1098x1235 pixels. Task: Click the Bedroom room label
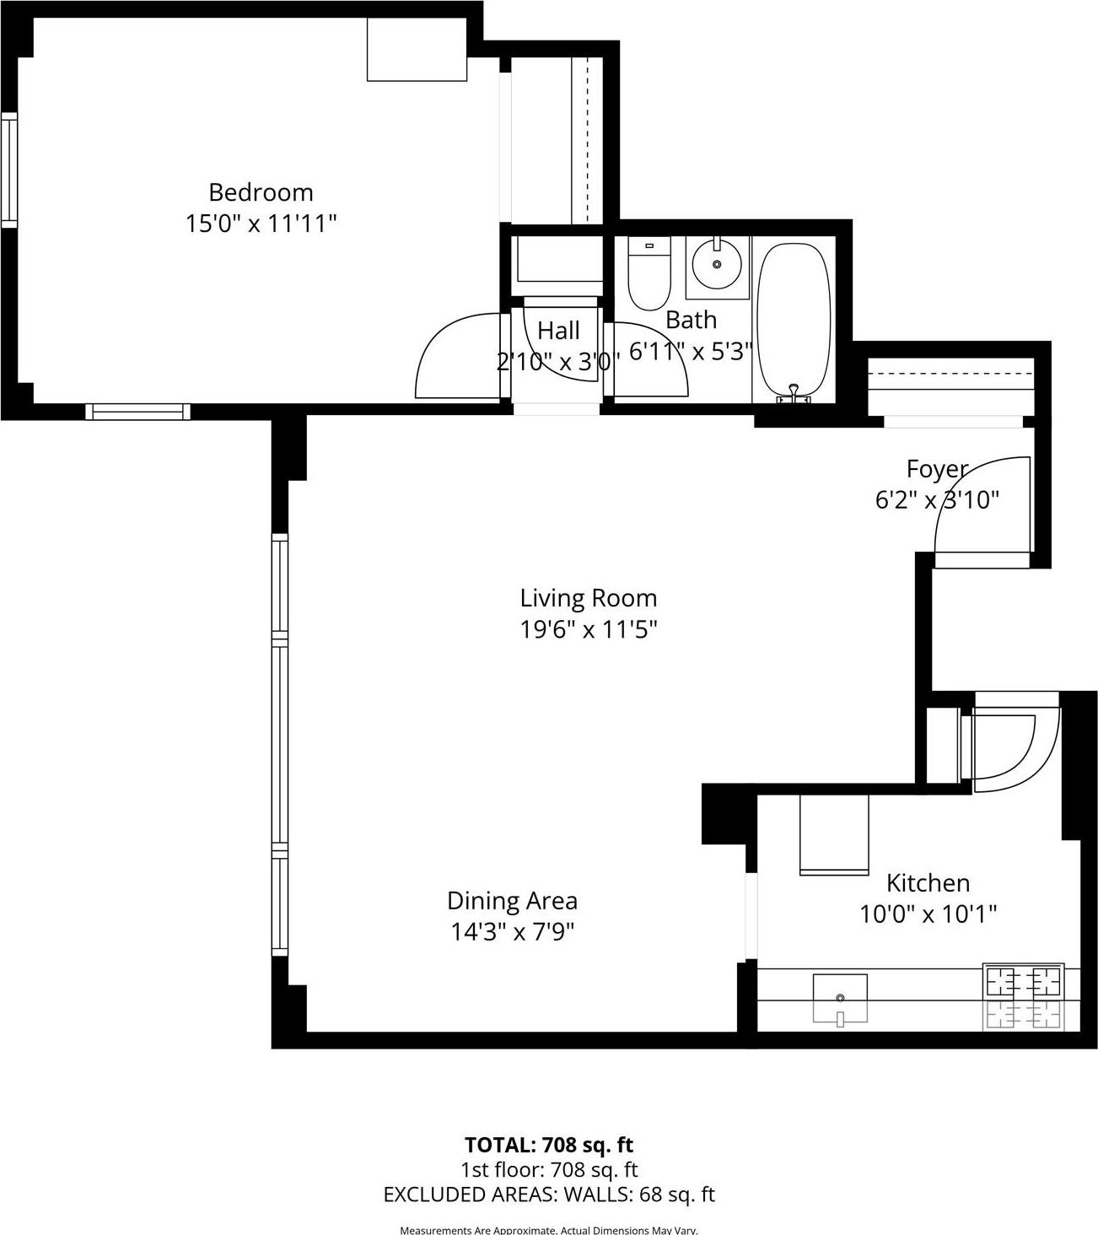coord(261,192)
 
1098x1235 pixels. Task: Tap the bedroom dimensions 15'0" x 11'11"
coord(261,224)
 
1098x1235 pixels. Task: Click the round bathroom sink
coord(717,264)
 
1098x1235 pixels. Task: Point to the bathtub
coord(794,321)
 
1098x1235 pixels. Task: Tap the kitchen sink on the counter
coord(840,997)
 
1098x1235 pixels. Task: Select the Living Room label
coord(588,598)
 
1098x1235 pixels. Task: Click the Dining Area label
coord(512,901)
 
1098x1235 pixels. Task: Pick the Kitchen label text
coord(928,883)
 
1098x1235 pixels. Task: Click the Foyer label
coord(936,469)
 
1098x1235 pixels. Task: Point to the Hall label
coord(558,330)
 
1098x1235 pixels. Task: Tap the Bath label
coord(691,320)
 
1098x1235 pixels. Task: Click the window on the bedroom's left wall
coord(9,169)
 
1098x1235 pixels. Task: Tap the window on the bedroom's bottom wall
coord(137,412)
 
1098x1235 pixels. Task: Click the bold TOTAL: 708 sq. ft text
coord(549,1145)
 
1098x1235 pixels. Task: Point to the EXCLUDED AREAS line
coord(549,1195)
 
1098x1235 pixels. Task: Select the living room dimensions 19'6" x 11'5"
coord(588,629)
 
